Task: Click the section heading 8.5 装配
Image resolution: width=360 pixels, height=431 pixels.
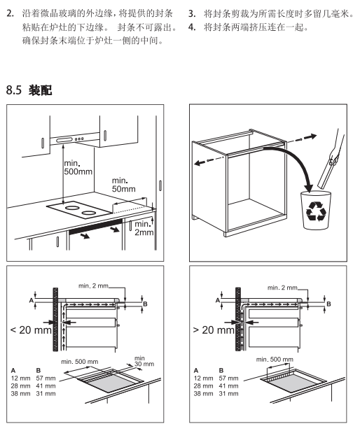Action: coord(29,90)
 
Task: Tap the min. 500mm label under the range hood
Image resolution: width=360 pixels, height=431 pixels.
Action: coord(78,167)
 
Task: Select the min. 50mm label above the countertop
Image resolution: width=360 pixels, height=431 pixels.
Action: coord(123,185)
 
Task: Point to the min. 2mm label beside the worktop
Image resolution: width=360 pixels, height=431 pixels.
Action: coord(144,228)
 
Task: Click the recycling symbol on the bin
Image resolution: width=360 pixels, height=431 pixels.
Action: coord(316,211)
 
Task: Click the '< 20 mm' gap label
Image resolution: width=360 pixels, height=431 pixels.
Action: coord(31,330)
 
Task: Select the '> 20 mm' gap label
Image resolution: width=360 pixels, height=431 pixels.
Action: coord(214,330)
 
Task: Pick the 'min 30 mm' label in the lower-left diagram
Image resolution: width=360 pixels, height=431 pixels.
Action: coord(144,361)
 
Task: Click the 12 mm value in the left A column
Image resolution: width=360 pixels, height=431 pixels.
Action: coord(20,379)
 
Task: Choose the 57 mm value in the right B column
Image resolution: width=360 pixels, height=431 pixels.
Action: coord(229,379)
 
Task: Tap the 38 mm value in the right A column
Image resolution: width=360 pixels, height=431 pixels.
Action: coord(203,394)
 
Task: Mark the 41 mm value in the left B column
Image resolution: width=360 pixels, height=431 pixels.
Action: coord(46,386)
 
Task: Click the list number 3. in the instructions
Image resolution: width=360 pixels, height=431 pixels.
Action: coord(192,14)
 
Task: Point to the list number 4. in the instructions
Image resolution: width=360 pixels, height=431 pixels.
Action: coord(192,27)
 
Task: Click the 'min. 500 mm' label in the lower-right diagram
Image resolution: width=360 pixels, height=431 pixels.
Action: coord(275,359)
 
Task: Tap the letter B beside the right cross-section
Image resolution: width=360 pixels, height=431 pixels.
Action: coord(328,304)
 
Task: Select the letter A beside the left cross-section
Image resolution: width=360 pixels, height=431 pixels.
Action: coord(32,300)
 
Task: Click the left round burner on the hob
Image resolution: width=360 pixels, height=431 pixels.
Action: coord(71,207)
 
